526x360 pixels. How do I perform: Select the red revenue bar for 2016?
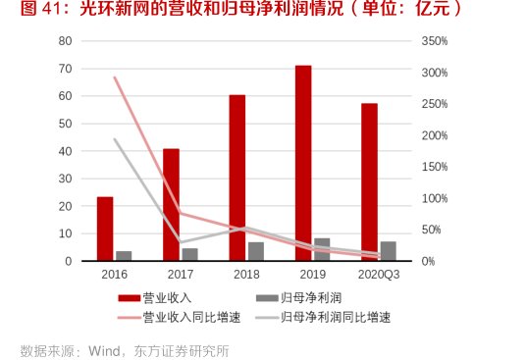coord(105,229)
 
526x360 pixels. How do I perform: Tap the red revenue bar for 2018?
coord(237,178)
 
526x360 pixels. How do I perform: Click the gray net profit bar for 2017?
coord(189,254)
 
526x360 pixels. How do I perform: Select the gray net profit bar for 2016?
coord(124,256)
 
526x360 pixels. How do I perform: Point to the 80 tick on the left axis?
coord(66,41)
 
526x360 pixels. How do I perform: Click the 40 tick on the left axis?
coord(66,151)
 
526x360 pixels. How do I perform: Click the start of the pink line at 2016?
coord(115,77)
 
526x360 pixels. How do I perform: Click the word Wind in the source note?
coord(104,347)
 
